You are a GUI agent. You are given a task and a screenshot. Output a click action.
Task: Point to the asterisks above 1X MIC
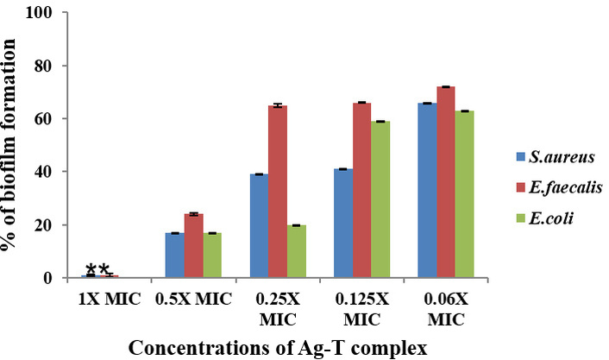click(98, 270)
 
